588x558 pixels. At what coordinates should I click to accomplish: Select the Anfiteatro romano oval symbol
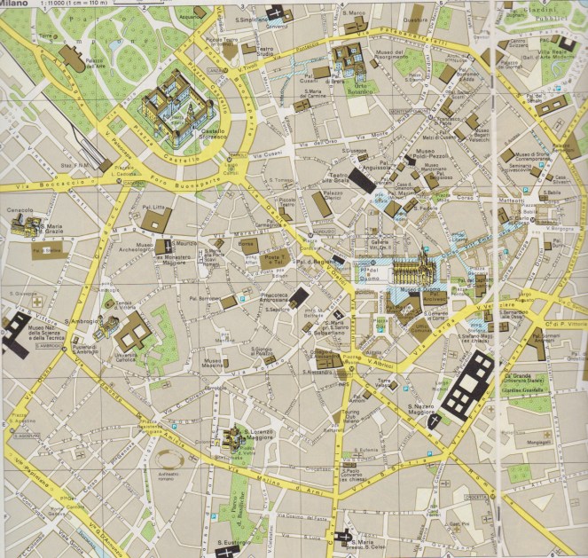[x=169, y=460]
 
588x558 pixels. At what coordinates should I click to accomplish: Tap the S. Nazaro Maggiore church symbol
[x=434, y=421]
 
